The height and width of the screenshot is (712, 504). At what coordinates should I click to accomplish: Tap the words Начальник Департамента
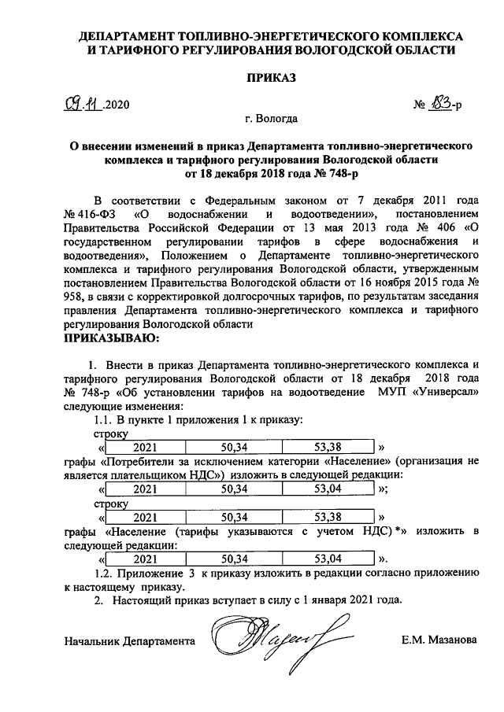130,640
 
